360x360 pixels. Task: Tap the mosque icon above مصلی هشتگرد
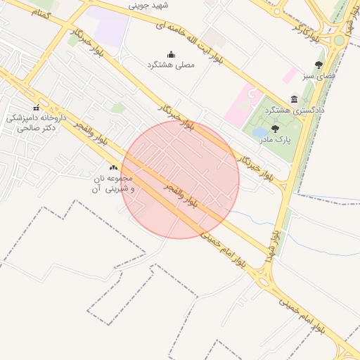tap(171, 54)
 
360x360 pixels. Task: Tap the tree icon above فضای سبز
tap(319, 65)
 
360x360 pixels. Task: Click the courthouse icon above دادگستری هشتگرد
tap(294, 99)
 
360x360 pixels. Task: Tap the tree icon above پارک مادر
tap(275, 129)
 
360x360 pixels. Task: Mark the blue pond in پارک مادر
tap(259, 131)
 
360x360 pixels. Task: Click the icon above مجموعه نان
tap(114, 168)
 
